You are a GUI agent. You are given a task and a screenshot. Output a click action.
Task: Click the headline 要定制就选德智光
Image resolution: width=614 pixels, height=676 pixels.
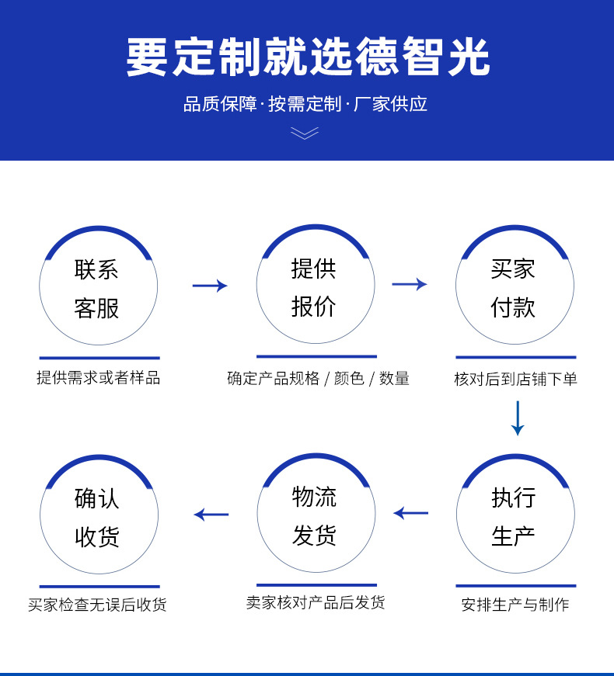307,57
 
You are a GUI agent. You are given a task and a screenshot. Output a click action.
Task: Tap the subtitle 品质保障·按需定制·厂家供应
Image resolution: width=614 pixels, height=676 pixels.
305,104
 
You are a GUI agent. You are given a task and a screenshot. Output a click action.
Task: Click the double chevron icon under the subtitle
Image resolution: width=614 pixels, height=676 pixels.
305,133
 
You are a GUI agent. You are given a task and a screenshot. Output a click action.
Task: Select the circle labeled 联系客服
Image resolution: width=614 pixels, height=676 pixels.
98,287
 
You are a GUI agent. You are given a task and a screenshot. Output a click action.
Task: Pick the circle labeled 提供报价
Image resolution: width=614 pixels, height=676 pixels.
315,286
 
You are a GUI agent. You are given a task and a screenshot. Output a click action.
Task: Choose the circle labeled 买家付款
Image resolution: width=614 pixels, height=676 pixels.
514,286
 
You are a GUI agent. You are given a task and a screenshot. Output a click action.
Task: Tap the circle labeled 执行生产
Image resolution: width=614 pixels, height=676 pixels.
515,515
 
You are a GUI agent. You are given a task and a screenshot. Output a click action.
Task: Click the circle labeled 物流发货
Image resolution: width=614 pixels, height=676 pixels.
316,515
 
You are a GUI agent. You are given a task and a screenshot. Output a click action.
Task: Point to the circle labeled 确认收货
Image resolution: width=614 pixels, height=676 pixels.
99,516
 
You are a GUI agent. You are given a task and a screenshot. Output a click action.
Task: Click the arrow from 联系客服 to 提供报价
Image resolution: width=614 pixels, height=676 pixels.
210,286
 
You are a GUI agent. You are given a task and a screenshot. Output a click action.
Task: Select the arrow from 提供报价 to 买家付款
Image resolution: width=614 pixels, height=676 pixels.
410,284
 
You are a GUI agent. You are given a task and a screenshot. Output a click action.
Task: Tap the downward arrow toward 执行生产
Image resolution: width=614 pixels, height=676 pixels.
518,418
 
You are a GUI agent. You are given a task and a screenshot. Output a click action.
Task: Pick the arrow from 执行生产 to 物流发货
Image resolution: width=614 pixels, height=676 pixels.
411,513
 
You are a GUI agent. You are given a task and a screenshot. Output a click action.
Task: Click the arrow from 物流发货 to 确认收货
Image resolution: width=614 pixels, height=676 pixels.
211,514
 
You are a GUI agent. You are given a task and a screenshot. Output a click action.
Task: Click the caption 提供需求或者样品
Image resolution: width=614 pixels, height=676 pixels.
98,378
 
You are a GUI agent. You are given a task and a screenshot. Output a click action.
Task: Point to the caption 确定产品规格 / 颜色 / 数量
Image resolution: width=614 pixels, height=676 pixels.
318,378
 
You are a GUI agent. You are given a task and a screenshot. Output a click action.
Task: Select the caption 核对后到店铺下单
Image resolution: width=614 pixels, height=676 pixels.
515,379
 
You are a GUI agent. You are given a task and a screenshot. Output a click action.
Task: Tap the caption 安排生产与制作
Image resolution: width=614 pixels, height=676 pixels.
515,605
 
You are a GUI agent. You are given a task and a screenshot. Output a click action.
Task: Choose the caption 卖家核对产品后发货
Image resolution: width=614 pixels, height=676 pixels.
316,602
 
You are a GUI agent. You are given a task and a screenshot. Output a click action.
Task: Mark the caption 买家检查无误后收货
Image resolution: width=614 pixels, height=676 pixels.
97,605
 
